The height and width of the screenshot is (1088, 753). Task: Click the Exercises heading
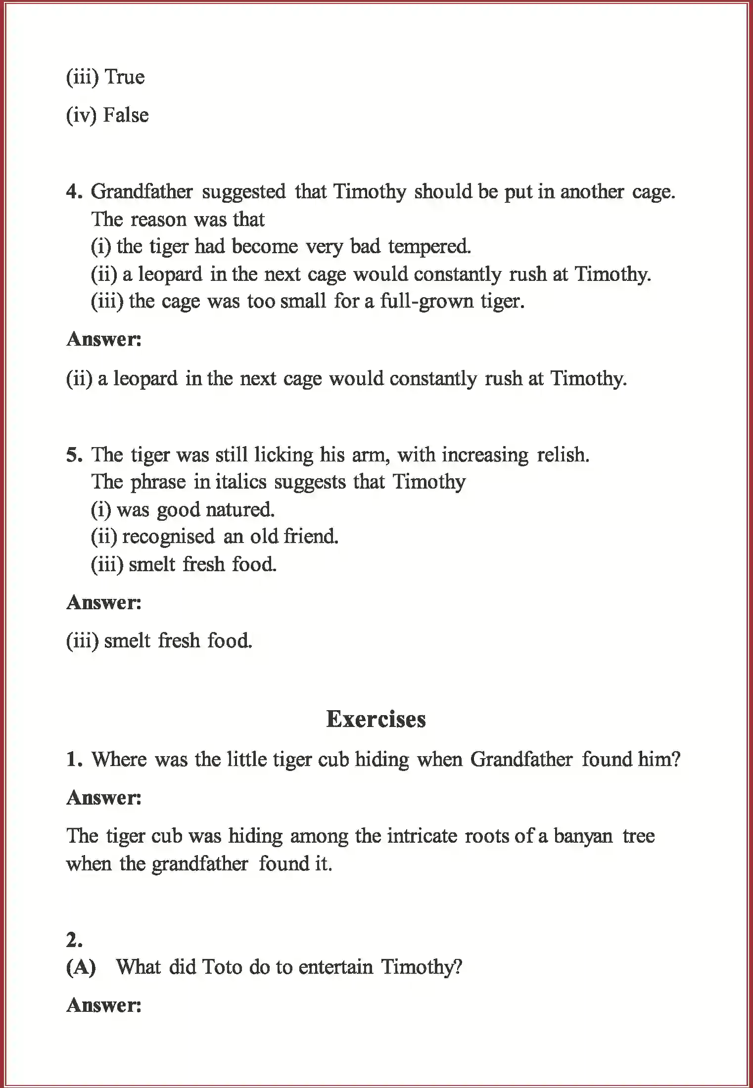[x=376, y=719]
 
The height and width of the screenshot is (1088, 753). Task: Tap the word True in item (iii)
[x=125, y=77]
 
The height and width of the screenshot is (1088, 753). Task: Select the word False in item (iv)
[x=126, y=115]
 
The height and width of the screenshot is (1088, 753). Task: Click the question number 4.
[x=74, y=191]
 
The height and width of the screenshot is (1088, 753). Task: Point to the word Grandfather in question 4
[x=142, y=191]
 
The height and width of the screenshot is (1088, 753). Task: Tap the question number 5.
[x=74, y=454]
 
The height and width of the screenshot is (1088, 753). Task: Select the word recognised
[x=168, y=537]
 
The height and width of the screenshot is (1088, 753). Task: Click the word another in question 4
[x=592, y=191]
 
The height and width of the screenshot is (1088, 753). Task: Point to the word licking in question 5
[x=283, y=454]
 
